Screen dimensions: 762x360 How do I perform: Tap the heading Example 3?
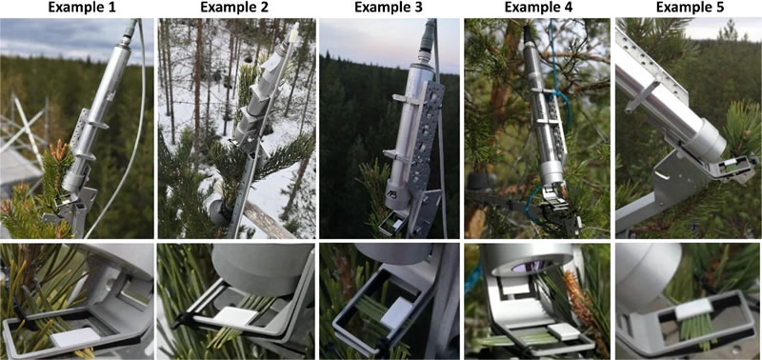[389, 8]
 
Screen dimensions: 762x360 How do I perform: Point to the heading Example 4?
[538, 8]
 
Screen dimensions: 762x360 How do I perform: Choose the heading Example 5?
[689, 8]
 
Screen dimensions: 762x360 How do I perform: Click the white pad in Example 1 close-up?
[76, 337]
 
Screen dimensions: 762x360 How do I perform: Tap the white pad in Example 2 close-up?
[235, 316]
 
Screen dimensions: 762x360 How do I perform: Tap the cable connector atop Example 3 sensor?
[431, 30]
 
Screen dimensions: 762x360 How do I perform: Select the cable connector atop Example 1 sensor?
[130, 30]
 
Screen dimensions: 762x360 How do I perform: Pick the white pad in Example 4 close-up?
[563, 333]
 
